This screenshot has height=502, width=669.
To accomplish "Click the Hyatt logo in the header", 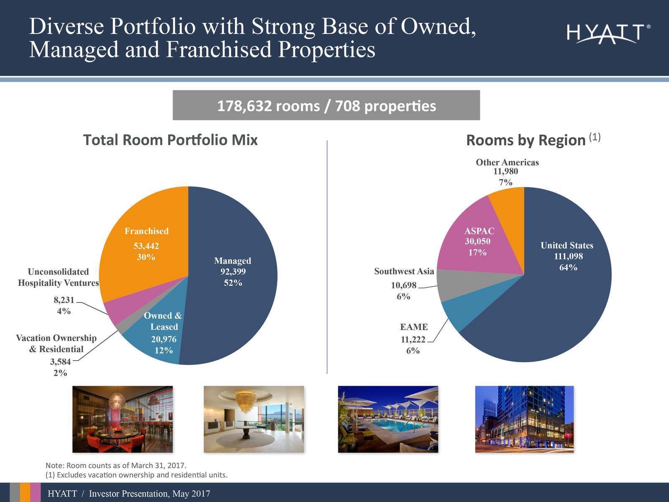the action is [x=608, y=34].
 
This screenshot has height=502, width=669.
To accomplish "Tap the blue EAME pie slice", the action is [x=460, y=311].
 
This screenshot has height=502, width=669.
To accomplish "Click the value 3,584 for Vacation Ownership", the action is [x=60, y=362].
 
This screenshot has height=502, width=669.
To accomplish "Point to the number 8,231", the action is [x=64, y=300].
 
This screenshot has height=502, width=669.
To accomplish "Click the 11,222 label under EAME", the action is [x=413, y=340].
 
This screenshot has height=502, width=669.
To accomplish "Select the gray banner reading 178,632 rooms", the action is [x=326, y=105].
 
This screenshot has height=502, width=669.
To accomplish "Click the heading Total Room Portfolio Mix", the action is [x=170, y=140].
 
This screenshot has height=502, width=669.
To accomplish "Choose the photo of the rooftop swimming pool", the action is [x=388, y=419].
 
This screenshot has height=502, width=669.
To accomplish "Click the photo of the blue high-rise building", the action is [x=524, y=419].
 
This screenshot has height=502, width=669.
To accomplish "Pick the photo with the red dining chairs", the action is [x=123, y=419].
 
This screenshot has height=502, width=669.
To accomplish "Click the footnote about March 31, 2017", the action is [x=116, y=466].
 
